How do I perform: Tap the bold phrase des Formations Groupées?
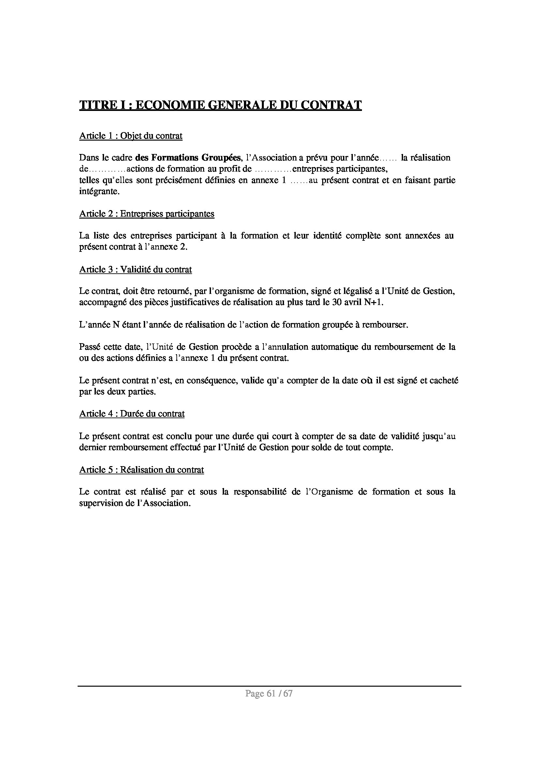click(x=188, y=157)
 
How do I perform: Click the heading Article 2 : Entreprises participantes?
click(x=147, y=214)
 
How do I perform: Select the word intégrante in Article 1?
click(x=99, y=191)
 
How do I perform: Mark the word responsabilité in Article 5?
click(x=260, y=492)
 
